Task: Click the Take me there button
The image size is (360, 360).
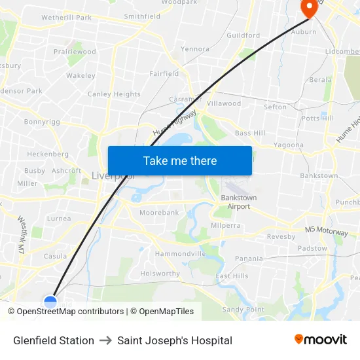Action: pyautogui.click(x=180, y=160)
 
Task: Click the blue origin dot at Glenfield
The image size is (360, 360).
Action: pyautogui.click(x=50, y=302)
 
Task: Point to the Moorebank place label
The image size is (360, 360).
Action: pyautogui.click(x=158, y=213)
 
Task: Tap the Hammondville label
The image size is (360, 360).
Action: pyautogui.click(x=180, y=253)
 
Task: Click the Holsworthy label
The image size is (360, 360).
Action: pyautogui.click(x=160, y=274)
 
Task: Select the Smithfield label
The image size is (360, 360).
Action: pyautogui.click(x=142, y=16)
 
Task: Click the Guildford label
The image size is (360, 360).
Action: pyautogui.click(x=243, y=35)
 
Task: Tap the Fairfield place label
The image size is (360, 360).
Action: pyautogui.click(x=164, y=74)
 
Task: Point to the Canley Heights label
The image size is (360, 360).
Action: pyautogui.click(x=114, y=94)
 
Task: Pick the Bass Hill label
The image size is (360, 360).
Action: pyautogui.click(x=250, y=133)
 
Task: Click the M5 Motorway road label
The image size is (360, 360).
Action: pyautogui.click(x=327, y=231)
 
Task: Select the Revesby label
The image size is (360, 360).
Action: pyautogui.click(x=281, y=236)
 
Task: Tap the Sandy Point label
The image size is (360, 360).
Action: pyautogui.click(x=243, y=310)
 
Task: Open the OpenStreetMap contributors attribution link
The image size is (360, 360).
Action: pyautogui.click(x=70, y=312)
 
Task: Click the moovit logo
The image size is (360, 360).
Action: pyautogui.click(x=321, y=340)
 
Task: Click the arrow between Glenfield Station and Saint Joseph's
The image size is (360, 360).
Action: pyautogui.click(x=106, y=340)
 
